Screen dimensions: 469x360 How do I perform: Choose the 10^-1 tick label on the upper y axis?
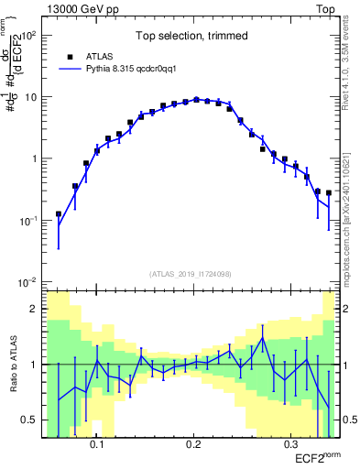(x=29, y=220)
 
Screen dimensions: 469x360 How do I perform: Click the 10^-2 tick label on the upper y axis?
(x=29, y=281)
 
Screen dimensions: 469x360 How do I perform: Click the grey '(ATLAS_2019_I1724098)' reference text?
(x=191, y=274)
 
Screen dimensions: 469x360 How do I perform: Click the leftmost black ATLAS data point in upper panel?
(x=59, y=214)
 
